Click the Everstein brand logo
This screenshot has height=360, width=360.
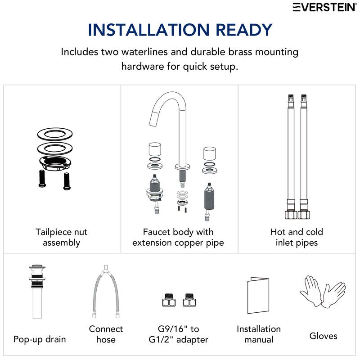coord(324,7)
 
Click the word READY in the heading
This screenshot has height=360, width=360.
coord(244,30)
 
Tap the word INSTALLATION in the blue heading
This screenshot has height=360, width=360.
coord(149,30)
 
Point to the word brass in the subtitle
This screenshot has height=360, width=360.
coord(240,52)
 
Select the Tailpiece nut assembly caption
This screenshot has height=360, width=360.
coord(62,237)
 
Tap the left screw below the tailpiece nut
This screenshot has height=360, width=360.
coord(42,179)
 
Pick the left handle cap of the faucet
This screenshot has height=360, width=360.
coord(155,149)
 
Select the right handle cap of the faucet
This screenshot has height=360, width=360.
coord(209,153)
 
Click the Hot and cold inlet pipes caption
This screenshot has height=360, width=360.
coord(297,237)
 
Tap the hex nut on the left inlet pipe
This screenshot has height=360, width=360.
coord(291,215)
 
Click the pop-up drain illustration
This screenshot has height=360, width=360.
coord(37,292)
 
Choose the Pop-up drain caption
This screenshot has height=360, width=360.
coord(40,339)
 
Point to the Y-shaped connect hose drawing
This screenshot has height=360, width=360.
coord(106,292)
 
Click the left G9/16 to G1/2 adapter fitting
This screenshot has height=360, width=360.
coord(169,300)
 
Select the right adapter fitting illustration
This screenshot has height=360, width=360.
coord(189,300)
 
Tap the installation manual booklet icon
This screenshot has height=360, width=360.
coord(258,295)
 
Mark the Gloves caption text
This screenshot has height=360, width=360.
coord(323,336)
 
